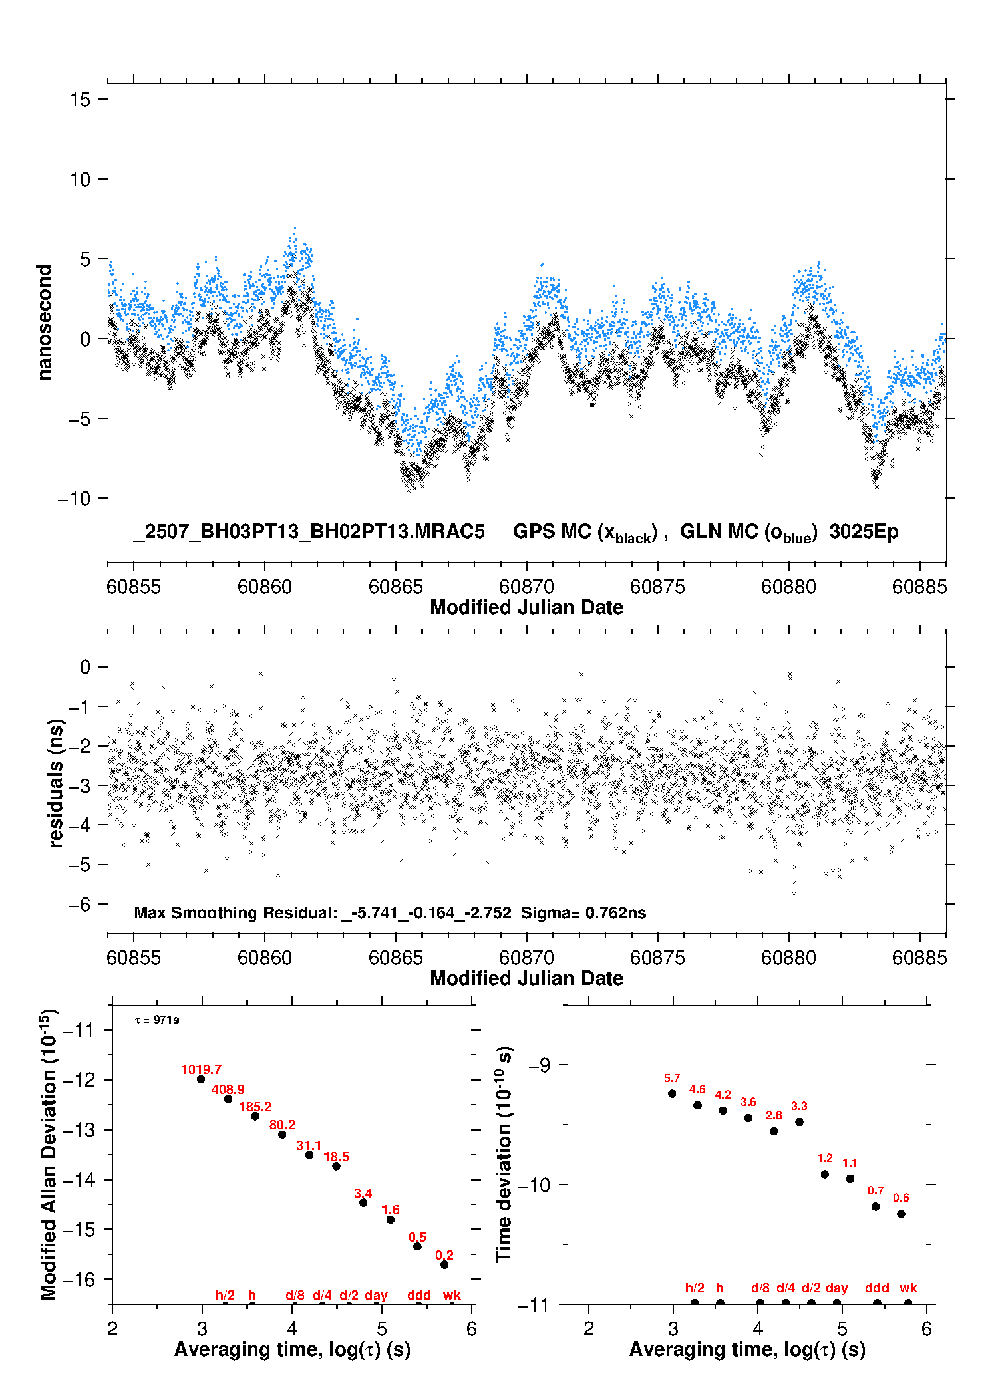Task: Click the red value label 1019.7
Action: (x=201, y=1069)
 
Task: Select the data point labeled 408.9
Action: (x=228, y=1099)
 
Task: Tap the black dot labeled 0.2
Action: (x=444, y=1264)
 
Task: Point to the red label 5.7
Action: (x=672, y=1078)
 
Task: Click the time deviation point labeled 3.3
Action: (x=799, y=1121)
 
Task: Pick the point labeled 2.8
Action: (x=774, y=1131)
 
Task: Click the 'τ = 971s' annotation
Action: (x=157, y=1020)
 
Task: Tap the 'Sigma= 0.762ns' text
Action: (x=583, y=912)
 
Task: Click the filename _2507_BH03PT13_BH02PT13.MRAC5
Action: (x=309, y=531)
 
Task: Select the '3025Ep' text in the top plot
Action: (x=864, y=531)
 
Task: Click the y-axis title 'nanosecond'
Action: (x=44, y=323)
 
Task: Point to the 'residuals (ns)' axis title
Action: (x=56, y=783)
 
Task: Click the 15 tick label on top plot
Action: (x=80, y=100)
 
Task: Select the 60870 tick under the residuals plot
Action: (x=526, y=958)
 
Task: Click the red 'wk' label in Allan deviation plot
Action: (x=452, y=1294)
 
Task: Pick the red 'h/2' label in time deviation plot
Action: (x=695, y=1288)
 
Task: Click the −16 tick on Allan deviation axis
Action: (x=79, y=1279)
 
